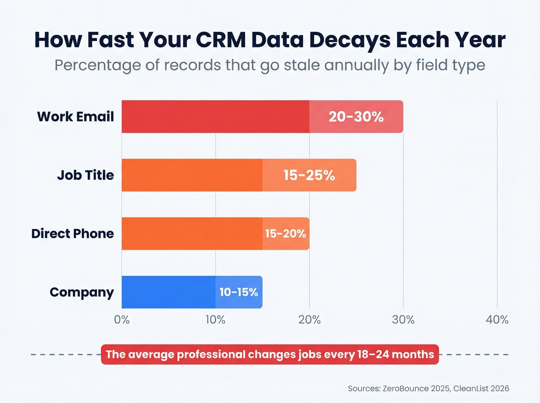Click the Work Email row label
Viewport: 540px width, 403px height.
point(76,116)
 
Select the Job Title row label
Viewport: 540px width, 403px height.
point(85,175)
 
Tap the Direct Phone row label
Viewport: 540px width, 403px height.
point(73,234)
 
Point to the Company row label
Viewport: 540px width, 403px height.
point(82,292)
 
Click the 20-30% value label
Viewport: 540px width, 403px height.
point(356,116)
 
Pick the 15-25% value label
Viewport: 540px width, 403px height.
point(309,175)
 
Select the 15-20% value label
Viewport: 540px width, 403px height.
point(285,234)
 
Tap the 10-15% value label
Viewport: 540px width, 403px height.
point(239,292)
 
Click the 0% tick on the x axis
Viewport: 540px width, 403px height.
point(122,320)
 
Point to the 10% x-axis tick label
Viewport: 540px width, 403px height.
point(215,320)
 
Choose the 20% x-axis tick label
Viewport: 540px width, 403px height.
point(309,320)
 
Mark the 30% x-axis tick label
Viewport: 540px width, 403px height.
point(403,320)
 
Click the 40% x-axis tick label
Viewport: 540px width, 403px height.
point(497,320)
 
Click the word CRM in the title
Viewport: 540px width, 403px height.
point(221,40)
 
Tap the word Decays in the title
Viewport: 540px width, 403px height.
point(350,40)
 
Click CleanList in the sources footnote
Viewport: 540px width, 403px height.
point(471,388)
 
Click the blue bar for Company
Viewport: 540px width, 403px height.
point(170,292)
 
